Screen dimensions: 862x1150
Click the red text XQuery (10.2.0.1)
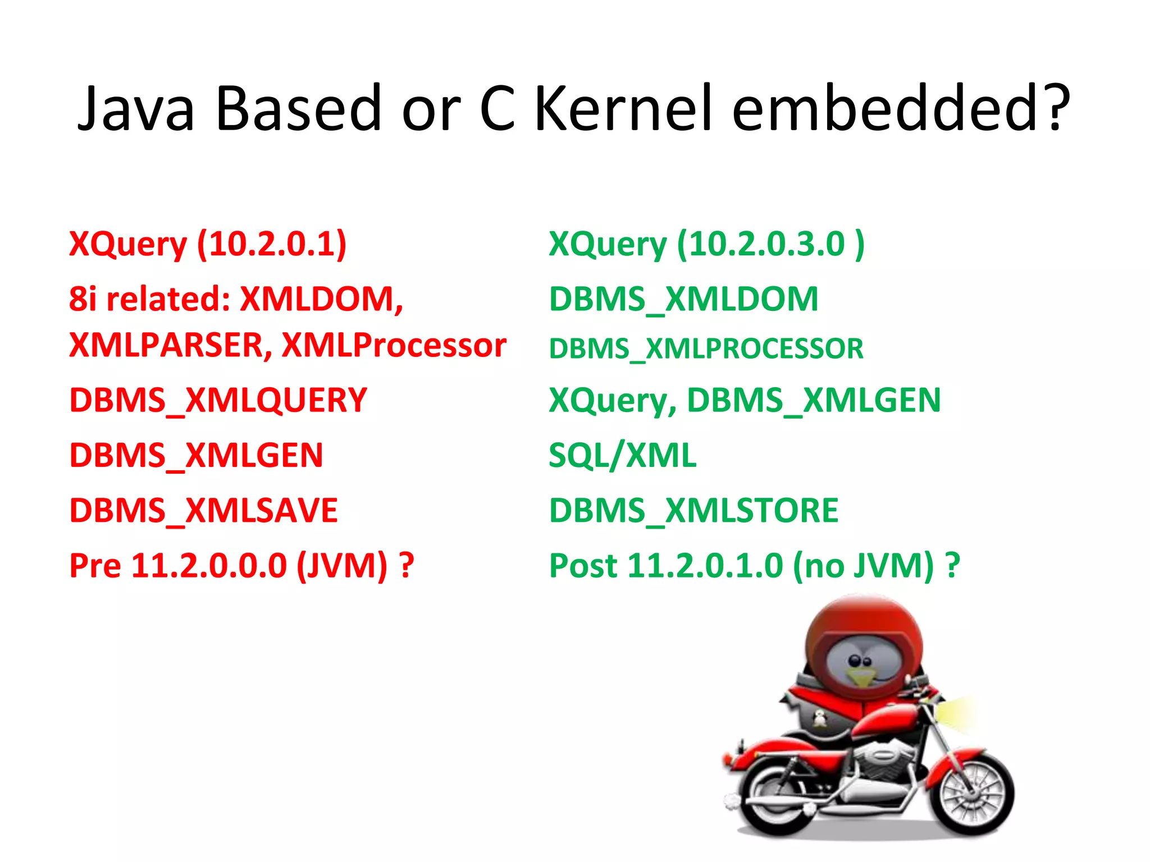click(x=208, y=245)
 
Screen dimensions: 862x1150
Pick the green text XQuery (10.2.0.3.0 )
click(x=706, y=245)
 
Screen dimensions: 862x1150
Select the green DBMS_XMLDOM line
click(x=683, y=299)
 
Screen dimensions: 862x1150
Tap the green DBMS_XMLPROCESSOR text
click(x=706, y=349)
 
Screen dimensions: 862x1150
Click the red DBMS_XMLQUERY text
click(x=218, y=400)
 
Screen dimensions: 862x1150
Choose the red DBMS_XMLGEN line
click(x=196, y=455)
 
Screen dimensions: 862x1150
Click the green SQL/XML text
click(x=622, y=455)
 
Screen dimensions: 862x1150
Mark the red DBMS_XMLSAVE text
click(x=203, y=510)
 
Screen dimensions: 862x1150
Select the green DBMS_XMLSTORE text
click(x=693, y=510)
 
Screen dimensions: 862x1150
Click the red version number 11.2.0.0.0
click(x=209, y=565)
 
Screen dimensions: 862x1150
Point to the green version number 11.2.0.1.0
click(x=705, y=565)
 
